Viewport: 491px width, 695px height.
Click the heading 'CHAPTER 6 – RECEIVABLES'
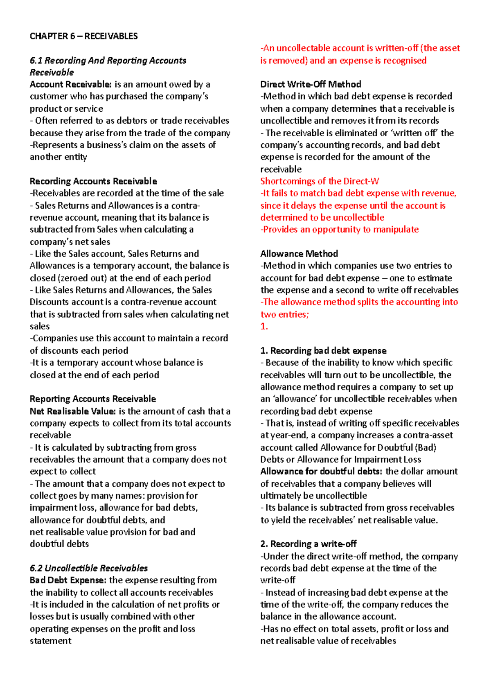point(83,36)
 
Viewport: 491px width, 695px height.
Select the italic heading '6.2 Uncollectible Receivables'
point(88,568)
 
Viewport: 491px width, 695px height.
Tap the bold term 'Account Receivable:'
point(70,84)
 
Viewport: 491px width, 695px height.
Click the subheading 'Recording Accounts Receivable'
point(93,181)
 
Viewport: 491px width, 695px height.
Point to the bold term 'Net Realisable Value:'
point(73,411)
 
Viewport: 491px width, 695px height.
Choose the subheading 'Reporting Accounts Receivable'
point(93,399)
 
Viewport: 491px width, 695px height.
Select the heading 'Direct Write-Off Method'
point(311,84)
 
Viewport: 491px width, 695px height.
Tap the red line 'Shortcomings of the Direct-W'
point(320,181)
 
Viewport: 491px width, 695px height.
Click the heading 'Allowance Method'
point(299,254)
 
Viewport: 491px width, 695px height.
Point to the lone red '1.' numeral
point(264,326)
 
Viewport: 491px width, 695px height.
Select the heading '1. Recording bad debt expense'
point(323,350)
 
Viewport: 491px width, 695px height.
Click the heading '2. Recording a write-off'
point(308,544)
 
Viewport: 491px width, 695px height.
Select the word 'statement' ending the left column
point(50,641)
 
